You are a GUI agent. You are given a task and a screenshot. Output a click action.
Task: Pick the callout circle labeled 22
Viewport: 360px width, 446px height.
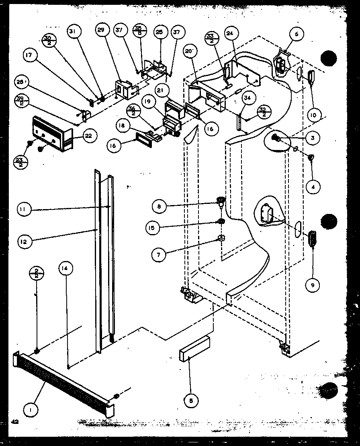tap(88, 136)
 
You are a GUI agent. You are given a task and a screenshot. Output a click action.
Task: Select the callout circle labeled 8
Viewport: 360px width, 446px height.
tap(159, 206)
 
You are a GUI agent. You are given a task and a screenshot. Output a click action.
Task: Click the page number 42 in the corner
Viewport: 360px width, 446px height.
tap(15, 433)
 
